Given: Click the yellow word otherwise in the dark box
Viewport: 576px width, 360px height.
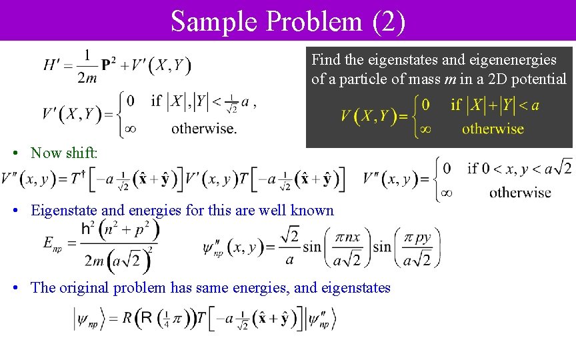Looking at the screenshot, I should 493,129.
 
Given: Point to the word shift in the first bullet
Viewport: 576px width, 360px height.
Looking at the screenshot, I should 81,153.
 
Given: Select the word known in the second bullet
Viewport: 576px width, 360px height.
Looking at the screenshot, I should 312,211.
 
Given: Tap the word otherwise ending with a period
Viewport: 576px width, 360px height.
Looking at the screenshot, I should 203,128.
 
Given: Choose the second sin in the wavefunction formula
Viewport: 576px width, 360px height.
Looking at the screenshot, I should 382,247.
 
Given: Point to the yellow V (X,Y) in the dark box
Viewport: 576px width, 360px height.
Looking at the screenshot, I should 366,117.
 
